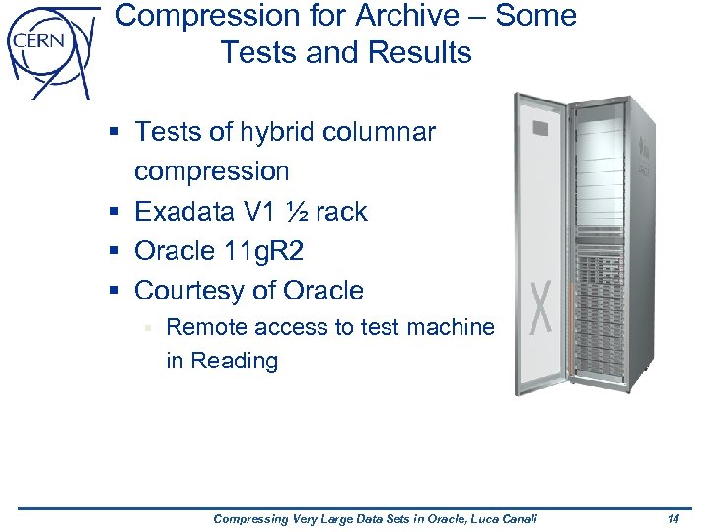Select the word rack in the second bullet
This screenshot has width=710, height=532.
pos(341,212)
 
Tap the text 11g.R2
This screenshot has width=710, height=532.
pos(263,252)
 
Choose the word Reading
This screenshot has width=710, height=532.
pos(235,361)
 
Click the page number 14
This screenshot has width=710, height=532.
pos(674,519)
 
